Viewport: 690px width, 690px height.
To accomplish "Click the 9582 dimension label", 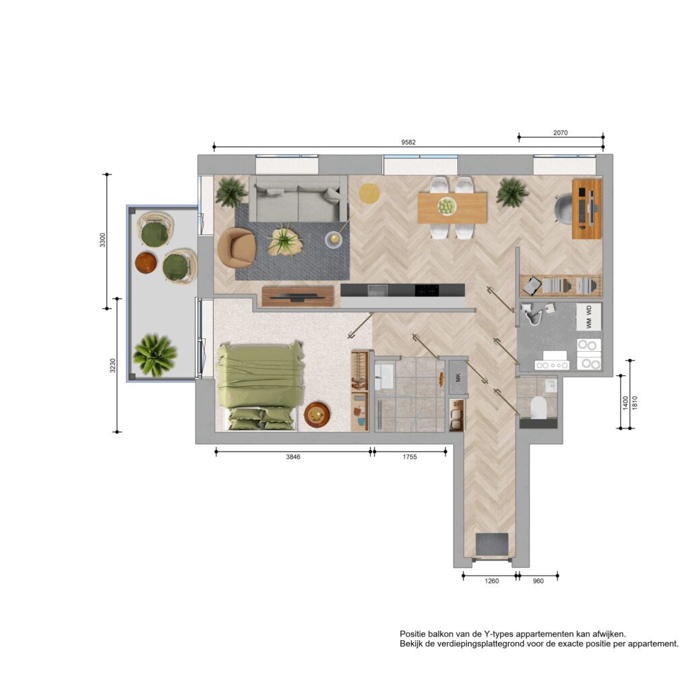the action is [x=408, y=142].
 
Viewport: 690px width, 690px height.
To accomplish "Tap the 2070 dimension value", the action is [x=560, y=133].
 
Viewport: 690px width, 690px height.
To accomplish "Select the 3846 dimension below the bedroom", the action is [x=293, y=457].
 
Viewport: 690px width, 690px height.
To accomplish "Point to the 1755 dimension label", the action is [x=409, y=457].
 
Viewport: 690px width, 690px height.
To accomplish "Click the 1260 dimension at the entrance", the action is [x=491, y=581].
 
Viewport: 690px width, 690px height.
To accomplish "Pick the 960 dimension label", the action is [x=538, y=581].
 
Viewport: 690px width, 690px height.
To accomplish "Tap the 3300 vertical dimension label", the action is [x=102, y=240].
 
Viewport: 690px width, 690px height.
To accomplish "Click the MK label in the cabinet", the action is [x=458, y=377].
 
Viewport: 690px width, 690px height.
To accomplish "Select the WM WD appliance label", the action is [x=589, y=317].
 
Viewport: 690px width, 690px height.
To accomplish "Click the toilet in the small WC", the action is [x=538, y=408].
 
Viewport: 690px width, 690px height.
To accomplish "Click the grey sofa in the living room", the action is [x=298, y=199].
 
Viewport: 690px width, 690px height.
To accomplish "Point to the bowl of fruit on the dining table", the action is [x=447, y=206].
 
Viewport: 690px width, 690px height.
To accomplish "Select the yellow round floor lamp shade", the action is [x=369, y=193].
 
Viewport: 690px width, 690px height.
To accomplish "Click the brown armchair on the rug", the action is [x=237, y=248].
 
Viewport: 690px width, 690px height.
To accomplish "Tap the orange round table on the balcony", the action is [x=146, y=263].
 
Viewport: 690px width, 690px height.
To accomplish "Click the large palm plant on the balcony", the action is [x=154, y=355].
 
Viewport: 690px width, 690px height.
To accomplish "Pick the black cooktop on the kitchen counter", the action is [x=427, y=290].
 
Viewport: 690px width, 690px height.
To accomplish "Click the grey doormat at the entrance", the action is [x=492, y=544].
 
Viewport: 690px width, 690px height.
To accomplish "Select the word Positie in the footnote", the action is [x=412, y=634].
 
